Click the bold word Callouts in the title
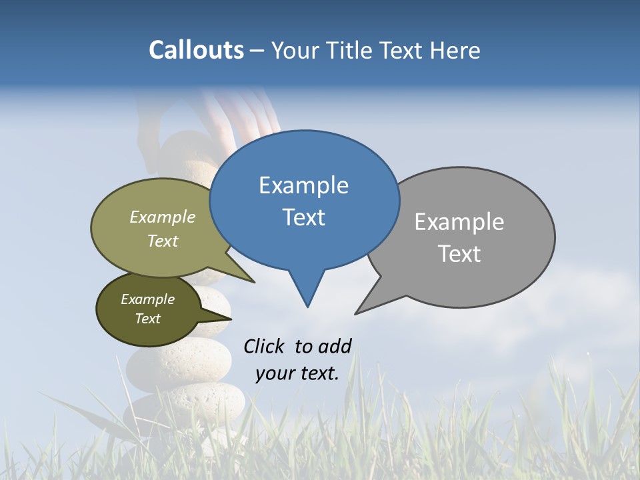click(196, 50)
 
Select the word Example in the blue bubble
click(303, 185)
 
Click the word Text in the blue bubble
click(303, 217)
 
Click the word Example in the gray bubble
click(459, 222)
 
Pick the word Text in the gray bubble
click(459, 254)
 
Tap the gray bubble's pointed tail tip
click(356, 313)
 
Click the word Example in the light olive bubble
click(163, 217)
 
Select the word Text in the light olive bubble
click(163, 241)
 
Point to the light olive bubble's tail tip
click(255, 283)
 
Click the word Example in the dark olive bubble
click(147, 299)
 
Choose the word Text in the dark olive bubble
click(147, 319)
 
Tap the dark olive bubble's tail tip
click(231, 318)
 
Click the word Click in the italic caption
click(265, 346)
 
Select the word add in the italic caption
click(334, 346)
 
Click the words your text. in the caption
click(297, 373)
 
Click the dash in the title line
click(258, 51)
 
